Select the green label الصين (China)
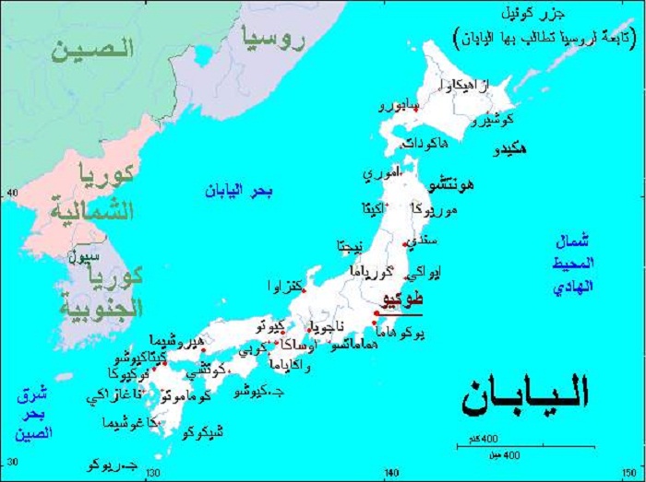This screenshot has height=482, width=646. (91, 49)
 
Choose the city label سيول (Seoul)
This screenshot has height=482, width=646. (83, 260)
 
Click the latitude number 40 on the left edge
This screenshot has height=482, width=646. (12, 193)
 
